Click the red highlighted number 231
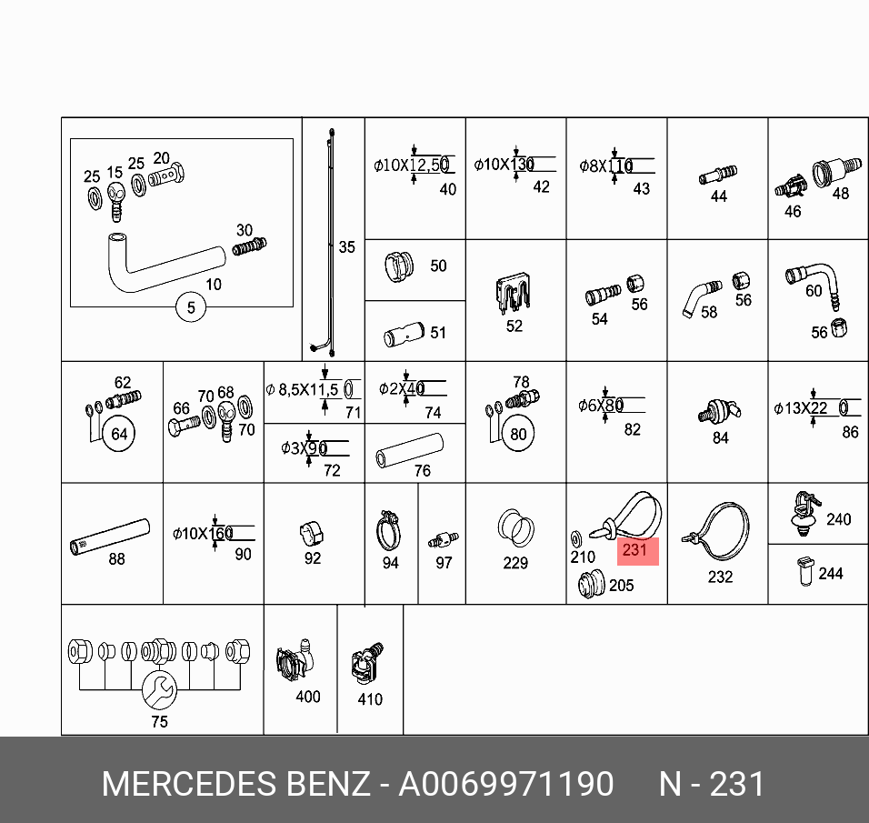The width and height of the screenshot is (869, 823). tap(634, 550)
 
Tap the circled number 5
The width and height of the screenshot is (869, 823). tap(191, 308)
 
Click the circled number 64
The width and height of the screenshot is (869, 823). tap(119, 434)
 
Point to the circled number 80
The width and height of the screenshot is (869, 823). tap(518, 434)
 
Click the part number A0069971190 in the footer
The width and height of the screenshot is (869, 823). tap(505, 784)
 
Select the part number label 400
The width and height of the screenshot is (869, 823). tap(308, 697)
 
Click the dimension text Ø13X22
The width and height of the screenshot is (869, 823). tap(800, 408)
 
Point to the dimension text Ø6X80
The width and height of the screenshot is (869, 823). tap(601, 406)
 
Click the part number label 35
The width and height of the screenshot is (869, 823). tap(347, 246)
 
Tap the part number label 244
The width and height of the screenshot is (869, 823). tap(830, 573)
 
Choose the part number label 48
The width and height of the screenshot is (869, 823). tap(840, 194)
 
